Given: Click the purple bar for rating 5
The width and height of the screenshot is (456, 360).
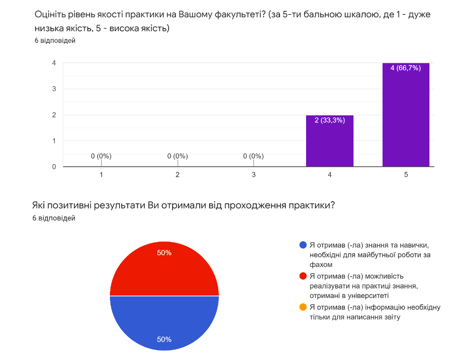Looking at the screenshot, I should [x=406, y=118].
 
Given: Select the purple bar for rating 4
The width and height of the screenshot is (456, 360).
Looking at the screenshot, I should [x=329, y=143].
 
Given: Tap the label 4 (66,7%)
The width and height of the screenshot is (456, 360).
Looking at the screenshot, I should [x=405, y=68].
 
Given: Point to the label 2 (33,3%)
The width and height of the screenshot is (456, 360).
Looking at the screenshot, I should [x=329, y=120].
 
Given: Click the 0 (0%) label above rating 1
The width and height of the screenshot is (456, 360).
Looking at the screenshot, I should [x=101, y=156].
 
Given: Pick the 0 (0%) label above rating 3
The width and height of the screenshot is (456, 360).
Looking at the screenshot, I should [x=253, y=156].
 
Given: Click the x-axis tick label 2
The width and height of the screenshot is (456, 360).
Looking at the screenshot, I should [x=177, y=175].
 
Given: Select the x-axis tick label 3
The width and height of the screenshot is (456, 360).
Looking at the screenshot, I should [x=253, y=175].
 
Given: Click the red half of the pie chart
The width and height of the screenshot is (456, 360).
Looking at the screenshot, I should [x=164, y=269].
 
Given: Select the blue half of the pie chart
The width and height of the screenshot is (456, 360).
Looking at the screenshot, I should [x=164, y=323].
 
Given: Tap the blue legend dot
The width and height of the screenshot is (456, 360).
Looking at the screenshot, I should [x=303, y=245].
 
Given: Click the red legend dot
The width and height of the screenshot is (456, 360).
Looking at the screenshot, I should [x=303, y=276].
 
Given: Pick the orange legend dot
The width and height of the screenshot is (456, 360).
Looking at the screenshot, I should [x=303, y=307].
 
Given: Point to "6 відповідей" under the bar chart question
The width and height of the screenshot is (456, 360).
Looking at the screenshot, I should [x=55, y=40].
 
